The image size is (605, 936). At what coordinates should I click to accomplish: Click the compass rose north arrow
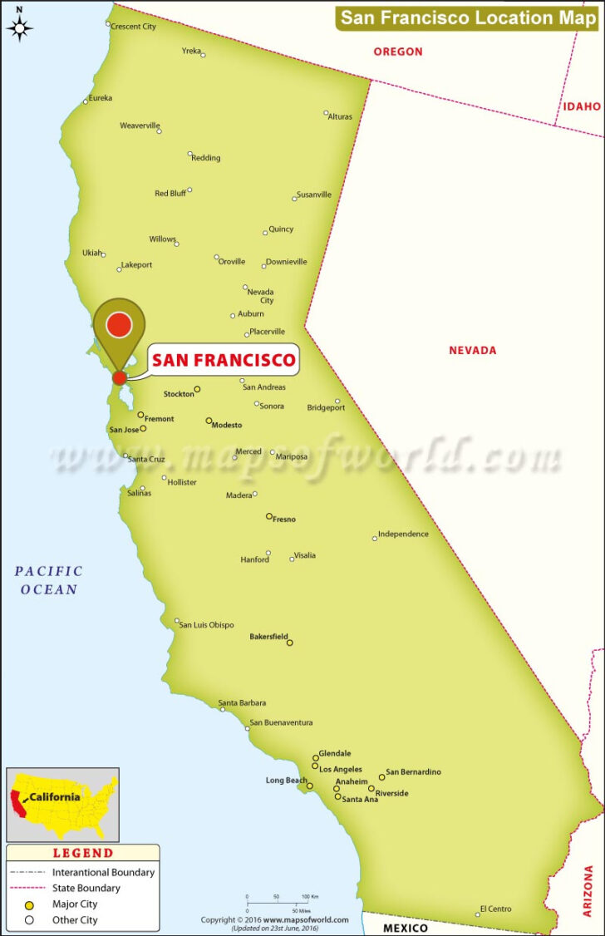click(x=20, y=25)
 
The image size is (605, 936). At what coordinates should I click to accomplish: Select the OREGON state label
click(x=397, y=52)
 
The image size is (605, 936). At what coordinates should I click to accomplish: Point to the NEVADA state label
click(x=472, y=350)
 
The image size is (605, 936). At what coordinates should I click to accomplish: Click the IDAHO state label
click(x=582, y=106)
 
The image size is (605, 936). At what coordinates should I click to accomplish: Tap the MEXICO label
click(x=406, y=928)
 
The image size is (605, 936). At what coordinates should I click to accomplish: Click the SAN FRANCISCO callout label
click(x=224, y=360)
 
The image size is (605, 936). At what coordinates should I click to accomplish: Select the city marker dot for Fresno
click(x=268, y=516)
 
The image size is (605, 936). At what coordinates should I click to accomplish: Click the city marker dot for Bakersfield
click(x=289, y=643)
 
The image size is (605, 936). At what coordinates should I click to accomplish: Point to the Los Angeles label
click(x=341, y=769)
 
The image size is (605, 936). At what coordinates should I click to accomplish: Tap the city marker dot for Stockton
click(x=197, y=389)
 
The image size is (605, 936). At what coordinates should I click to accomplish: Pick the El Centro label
click(x=495, y=909)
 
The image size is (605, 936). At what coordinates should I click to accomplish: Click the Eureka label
click(x=100, y=98)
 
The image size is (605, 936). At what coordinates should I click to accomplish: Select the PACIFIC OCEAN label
click(x=49, y=580)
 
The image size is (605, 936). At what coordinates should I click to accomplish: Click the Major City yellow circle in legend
click(x=29, y=904)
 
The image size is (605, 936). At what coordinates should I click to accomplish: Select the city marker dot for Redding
click(x=190, y=154)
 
